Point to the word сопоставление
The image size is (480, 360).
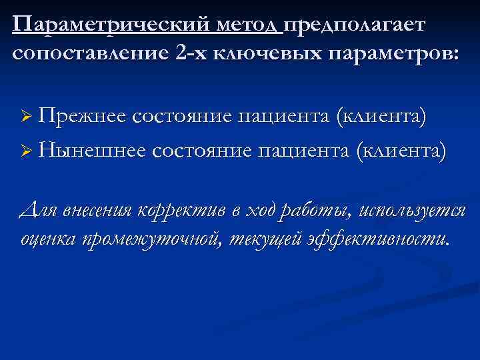pyautogui.click(x=91, y=53)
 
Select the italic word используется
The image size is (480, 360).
pyautogui.click(x=411, y=211)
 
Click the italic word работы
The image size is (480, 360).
pyautogui.click(x=317, y=212)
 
